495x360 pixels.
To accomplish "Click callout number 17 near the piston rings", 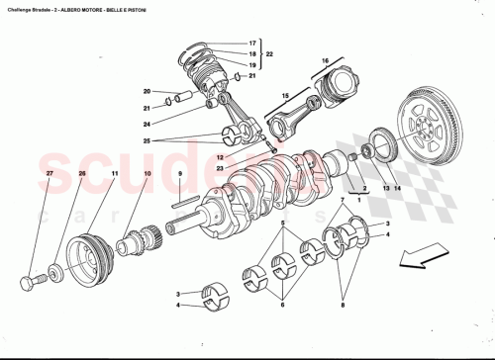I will click(x=252, y=44).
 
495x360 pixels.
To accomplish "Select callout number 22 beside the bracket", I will click(x=270, y=53).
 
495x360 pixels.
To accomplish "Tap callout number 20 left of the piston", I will click(x=147, y=91).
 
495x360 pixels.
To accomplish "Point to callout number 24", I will click(x=147, y=125).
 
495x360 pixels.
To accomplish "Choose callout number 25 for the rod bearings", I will click(x=147, y=141).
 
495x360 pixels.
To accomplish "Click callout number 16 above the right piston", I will click(x=323, y=61).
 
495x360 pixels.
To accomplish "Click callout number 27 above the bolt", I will click(x=114, y=175).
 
